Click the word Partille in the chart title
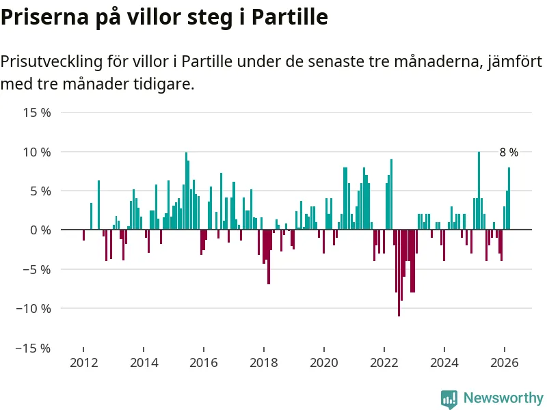pos(290,17)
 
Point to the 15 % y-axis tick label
pos(37,112)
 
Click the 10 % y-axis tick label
pos(37,152)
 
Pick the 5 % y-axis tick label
pos(40,191)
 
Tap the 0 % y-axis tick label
pos(40,230)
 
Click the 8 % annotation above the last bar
pos(509,153)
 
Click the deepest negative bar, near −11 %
pos(399,273)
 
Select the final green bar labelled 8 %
pos(509,199)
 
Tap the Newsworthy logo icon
pos(449,398)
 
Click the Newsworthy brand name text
pos(503,398)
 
